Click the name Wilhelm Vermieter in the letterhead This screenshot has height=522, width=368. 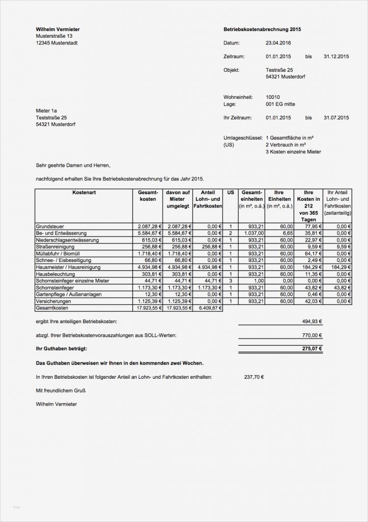(x=58, y=30)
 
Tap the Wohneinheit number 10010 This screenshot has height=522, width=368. (x=273, y=97)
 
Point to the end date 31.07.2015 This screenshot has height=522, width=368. (x=336, y=118)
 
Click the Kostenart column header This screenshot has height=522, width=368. (x=84, y=192)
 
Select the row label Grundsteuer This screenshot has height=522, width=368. (x=50, y=226)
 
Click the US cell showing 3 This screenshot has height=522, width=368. (x=230, y=281)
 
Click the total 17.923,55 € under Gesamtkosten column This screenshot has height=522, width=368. (x=148, y=308)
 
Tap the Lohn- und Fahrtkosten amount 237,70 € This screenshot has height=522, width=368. (x=254, y=377)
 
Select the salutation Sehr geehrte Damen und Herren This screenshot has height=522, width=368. (x=73, y=165)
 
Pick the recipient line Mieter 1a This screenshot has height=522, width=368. (x=46, y=111)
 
